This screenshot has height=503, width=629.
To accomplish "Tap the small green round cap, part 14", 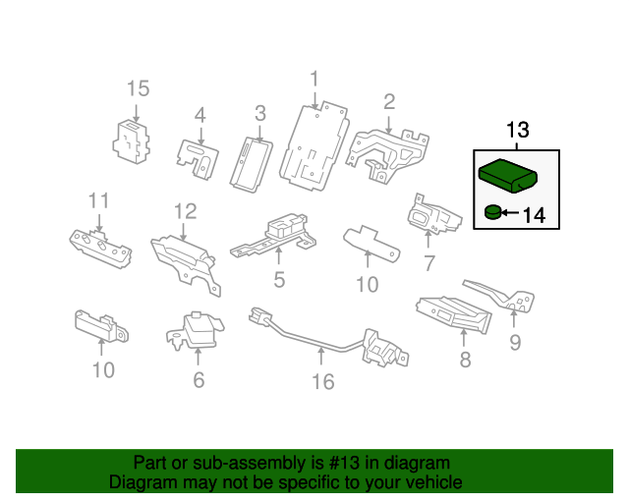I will (x=491, y=210).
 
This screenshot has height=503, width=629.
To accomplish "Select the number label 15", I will (x=138, y=89).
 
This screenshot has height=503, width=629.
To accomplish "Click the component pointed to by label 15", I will (x=132, y=140).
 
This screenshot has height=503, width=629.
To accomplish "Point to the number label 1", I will (x=314, y=78).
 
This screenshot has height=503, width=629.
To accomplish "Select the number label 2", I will (x=389, y=101).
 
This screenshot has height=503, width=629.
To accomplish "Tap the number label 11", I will (x=98, y=201).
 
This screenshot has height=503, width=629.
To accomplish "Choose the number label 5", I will (x=279, y=281).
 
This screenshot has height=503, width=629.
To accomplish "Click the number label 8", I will (x=465, y=361).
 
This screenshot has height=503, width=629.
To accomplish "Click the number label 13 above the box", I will (x=518, y=131).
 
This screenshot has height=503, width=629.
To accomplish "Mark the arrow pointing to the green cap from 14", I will (x=512, y=211).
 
